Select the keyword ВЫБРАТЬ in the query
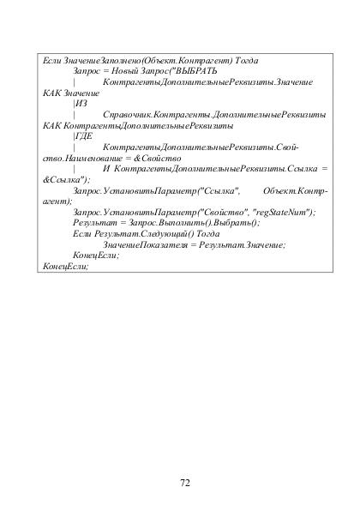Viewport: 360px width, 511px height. [x=196, y=71]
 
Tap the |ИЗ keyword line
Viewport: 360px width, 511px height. [x=81, y=103]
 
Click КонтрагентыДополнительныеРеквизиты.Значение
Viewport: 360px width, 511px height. [x=207, y=81]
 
